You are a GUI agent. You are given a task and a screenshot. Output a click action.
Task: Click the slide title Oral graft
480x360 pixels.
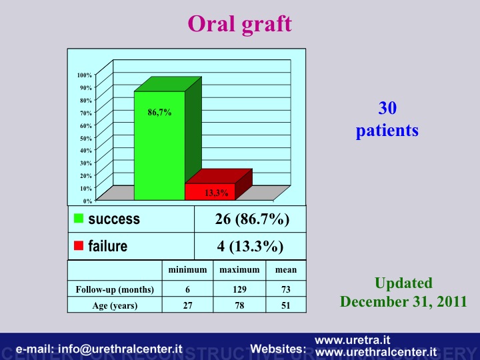(240, 25)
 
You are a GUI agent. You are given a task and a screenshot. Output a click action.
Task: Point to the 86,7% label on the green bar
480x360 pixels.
(159, 113)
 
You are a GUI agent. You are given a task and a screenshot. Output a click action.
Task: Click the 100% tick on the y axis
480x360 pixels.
(85, 75)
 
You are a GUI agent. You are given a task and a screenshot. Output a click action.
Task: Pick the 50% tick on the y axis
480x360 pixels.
(86, 138)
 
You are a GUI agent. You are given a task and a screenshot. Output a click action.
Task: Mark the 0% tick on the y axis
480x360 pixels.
(87, 201)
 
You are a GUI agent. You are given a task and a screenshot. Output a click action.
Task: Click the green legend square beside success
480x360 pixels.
(79, 218)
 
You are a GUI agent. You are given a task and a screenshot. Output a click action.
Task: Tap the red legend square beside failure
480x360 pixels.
(79, 245)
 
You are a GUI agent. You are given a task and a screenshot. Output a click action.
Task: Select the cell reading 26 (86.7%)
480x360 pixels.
(252, 219)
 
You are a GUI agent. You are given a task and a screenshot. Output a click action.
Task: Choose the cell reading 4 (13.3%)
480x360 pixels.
(250, 246)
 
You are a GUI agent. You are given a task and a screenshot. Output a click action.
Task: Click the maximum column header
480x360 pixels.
(239, 270)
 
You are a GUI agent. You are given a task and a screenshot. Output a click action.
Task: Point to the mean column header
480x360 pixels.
(286, 270)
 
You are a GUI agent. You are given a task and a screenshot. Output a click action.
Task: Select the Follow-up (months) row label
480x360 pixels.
(115, 289)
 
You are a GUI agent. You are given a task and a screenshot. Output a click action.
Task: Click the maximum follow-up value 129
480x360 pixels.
(239, 289)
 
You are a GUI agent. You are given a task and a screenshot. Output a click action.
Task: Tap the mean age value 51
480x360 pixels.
(285, 305)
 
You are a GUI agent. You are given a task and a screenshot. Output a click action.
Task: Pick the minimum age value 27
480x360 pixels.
(187, 305)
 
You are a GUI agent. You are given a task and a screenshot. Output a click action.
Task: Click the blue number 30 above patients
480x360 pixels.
(387, 108)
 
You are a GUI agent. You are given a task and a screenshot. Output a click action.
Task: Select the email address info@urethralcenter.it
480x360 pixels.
(120, 349)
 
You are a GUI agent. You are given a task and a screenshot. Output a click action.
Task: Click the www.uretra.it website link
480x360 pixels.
(353, 340)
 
